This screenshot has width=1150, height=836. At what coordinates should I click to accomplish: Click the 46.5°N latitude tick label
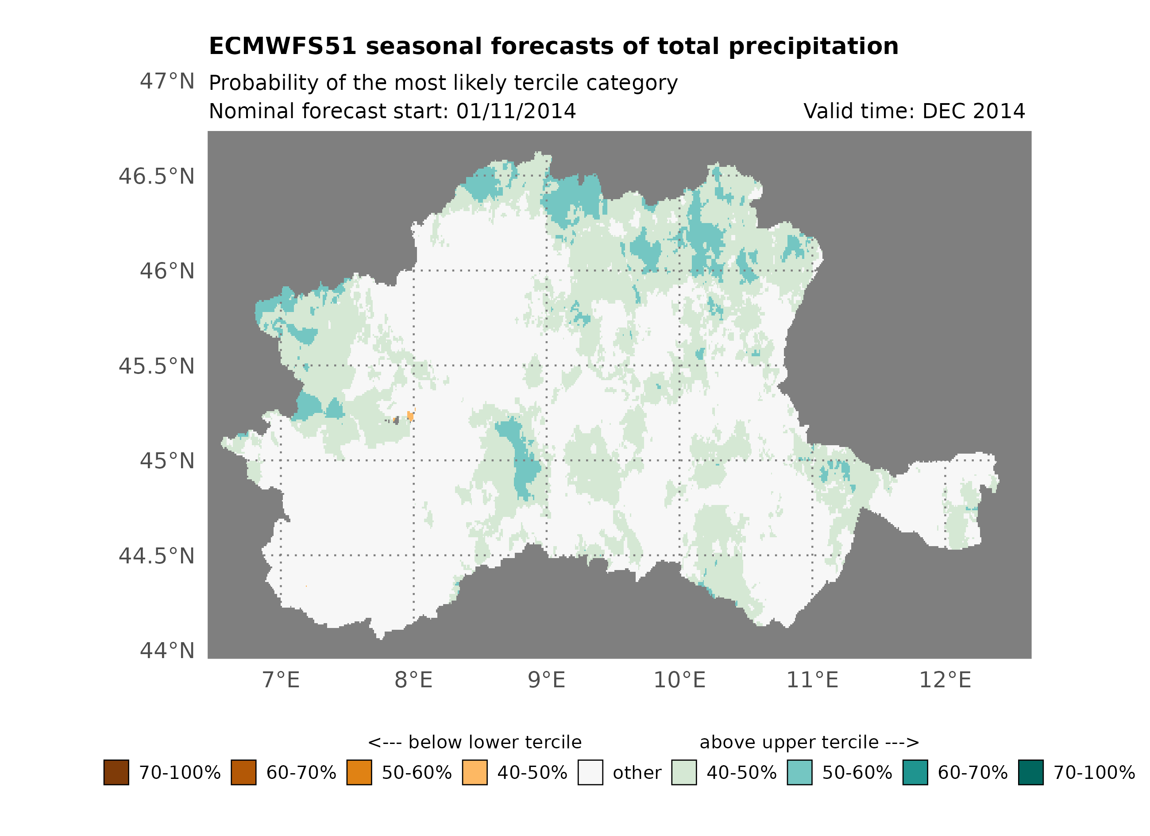point(156,177)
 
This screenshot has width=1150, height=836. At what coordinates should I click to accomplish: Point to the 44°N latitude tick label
point(167,651)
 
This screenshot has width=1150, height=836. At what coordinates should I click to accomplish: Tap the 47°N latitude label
point(167,81)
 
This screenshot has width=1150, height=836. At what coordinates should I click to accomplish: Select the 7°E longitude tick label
point(281,680)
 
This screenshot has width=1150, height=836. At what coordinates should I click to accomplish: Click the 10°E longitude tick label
point(679,680)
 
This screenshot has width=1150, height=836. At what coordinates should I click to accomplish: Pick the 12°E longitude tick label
point(945,680)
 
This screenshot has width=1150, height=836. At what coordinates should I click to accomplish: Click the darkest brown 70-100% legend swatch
point(116,772)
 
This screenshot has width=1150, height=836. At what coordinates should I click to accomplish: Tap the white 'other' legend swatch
point(590,772)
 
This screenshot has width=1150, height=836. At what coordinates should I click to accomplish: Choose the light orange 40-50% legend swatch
point(475,772)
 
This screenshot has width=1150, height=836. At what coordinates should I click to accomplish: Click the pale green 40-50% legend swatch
point(683,772)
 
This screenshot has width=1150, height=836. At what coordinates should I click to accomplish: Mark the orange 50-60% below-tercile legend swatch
point(359,772)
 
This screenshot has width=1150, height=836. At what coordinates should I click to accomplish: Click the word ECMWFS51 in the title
point(282,46)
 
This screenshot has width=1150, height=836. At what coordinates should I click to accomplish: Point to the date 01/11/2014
point(516,111)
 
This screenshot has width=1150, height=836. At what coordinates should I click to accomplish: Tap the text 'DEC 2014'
point(973,111)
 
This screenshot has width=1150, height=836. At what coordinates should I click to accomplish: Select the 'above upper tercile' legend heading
point(809,742)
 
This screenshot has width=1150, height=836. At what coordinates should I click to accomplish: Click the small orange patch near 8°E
point(410,416)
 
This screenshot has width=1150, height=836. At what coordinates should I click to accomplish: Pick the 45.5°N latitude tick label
point(156,366)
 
